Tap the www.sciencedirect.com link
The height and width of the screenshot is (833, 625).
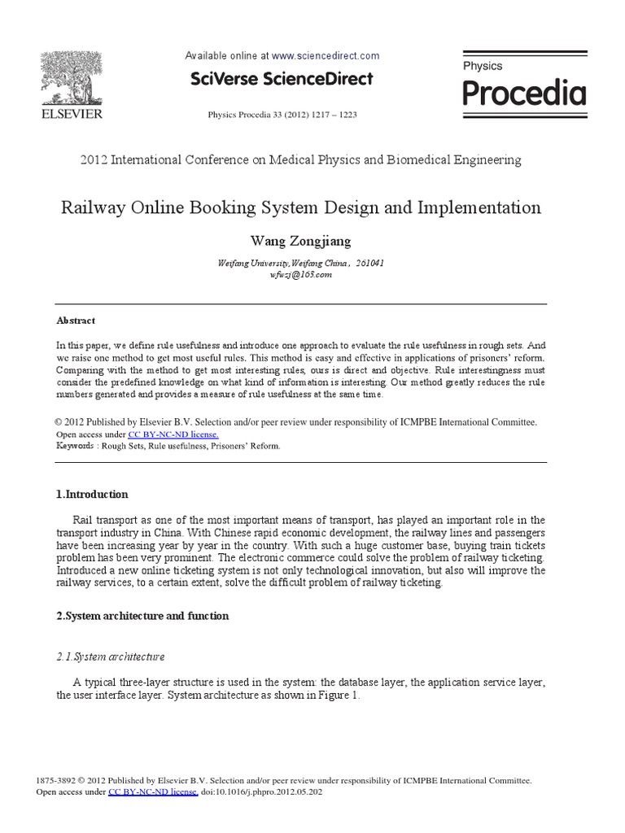tap(326, 56)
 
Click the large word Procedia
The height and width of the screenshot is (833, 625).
tap(523, 94)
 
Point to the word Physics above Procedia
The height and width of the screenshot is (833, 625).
tap(483, 66)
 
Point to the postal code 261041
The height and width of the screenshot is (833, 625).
tap(370, 264)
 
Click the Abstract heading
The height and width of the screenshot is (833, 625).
tap(76, 321)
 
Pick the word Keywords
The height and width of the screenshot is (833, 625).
tap(74, 446)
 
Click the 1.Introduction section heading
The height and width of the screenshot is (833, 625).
tap(92, 495)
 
